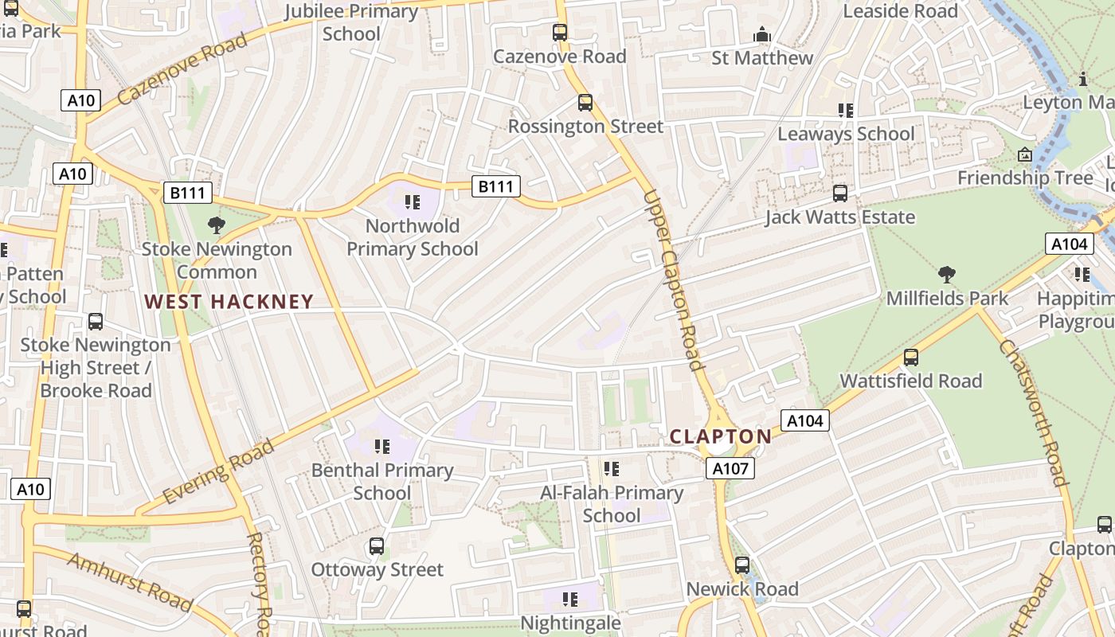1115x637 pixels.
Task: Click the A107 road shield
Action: pos(730,469)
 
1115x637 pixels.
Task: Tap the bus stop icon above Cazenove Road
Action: pos(560,33)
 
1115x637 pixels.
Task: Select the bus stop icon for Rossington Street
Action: pos(585,103)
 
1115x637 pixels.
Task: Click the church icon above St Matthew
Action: pos(762,35)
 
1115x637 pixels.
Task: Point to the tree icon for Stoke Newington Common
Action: pos(216,225)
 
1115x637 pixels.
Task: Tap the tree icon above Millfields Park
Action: pos(947,276)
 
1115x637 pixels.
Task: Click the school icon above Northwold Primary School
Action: pos(412,202)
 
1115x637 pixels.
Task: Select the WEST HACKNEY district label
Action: pos(229,302)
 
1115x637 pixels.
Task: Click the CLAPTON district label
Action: pos(721,436)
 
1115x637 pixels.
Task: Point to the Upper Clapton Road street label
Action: pos(675,280)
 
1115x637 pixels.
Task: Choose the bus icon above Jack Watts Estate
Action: pos(840,193)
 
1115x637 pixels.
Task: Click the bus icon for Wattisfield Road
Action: pos(911,358)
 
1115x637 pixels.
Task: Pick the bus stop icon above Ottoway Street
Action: pos(377,546)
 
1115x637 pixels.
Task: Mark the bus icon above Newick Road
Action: pos(742,565)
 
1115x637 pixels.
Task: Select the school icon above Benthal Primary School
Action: pos(382,447)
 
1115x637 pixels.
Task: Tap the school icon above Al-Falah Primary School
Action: pos(612,469)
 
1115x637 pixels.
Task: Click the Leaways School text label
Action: pos(846,134)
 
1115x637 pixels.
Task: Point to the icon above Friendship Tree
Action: pos(1025,154)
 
